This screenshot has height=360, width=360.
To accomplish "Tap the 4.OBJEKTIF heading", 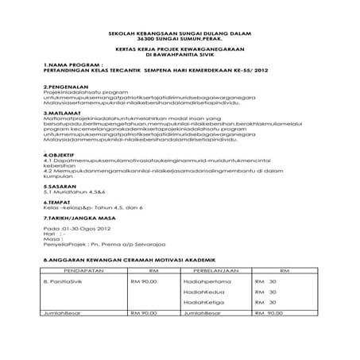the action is tap(60, 156).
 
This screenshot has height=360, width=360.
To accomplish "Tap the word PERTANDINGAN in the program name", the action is tap(69, 68).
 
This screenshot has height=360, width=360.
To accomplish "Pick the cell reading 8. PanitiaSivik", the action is tap(66, 281).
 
